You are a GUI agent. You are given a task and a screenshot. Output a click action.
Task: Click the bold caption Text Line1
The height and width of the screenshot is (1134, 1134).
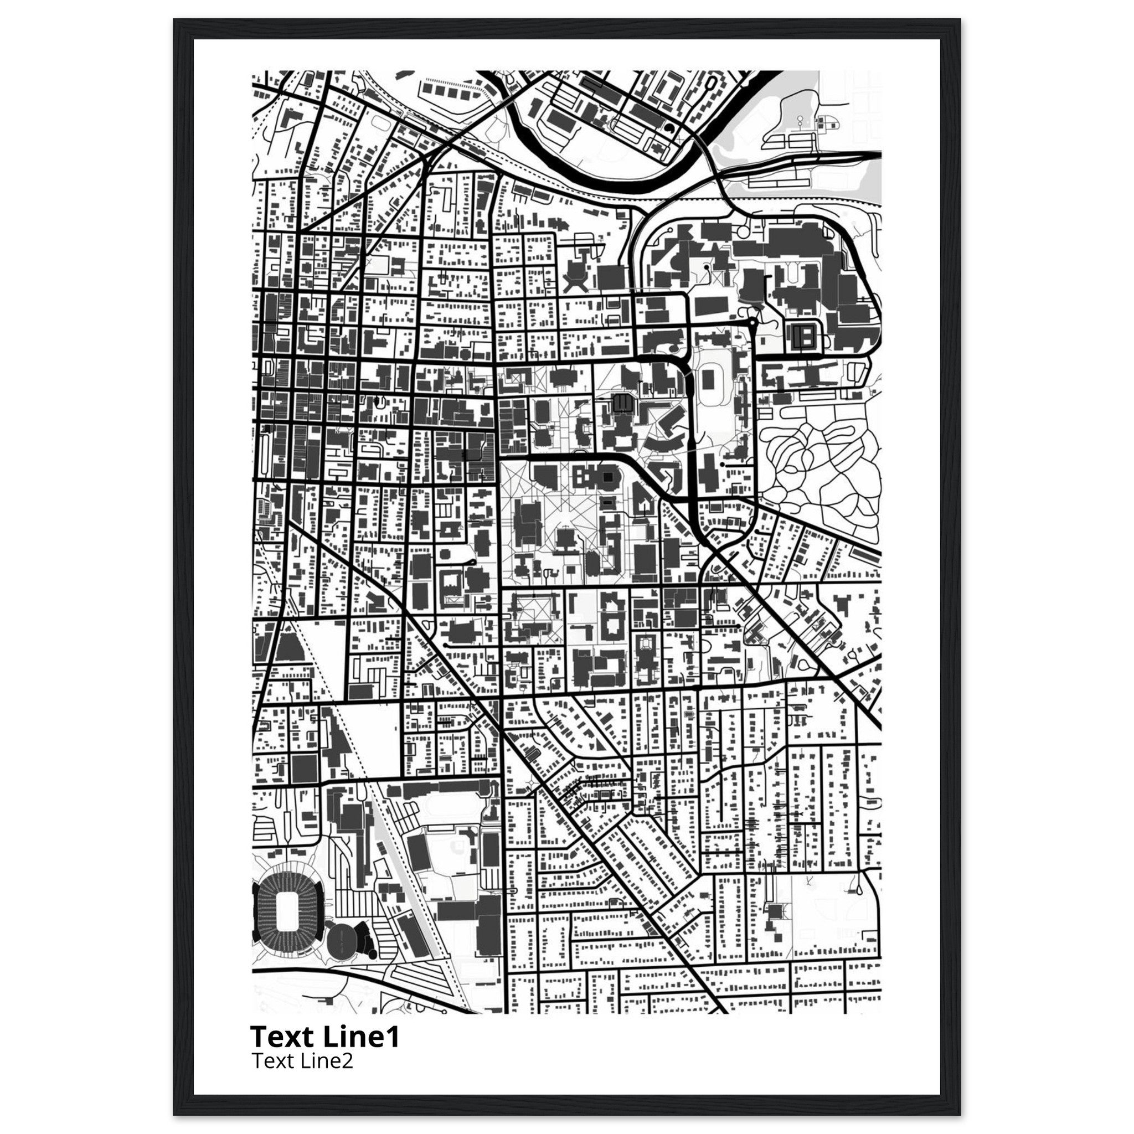point(324,1037)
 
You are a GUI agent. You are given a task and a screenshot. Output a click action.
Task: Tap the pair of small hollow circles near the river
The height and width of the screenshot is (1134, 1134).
point(800,121)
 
